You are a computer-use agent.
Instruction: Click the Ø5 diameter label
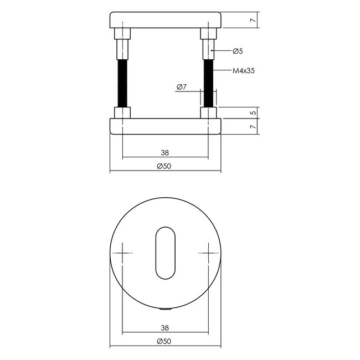(238, 51)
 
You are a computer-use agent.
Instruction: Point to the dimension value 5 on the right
(253, 112)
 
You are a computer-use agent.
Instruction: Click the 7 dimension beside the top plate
(253, 20)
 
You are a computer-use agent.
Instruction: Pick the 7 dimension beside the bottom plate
(253, 127)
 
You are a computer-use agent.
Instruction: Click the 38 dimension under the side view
(164, 153)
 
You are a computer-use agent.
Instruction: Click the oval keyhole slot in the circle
(166, 252)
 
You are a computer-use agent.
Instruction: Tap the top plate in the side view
(166, 20)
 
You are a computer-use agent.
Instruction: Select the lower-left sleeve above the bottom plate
(122, 113)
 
